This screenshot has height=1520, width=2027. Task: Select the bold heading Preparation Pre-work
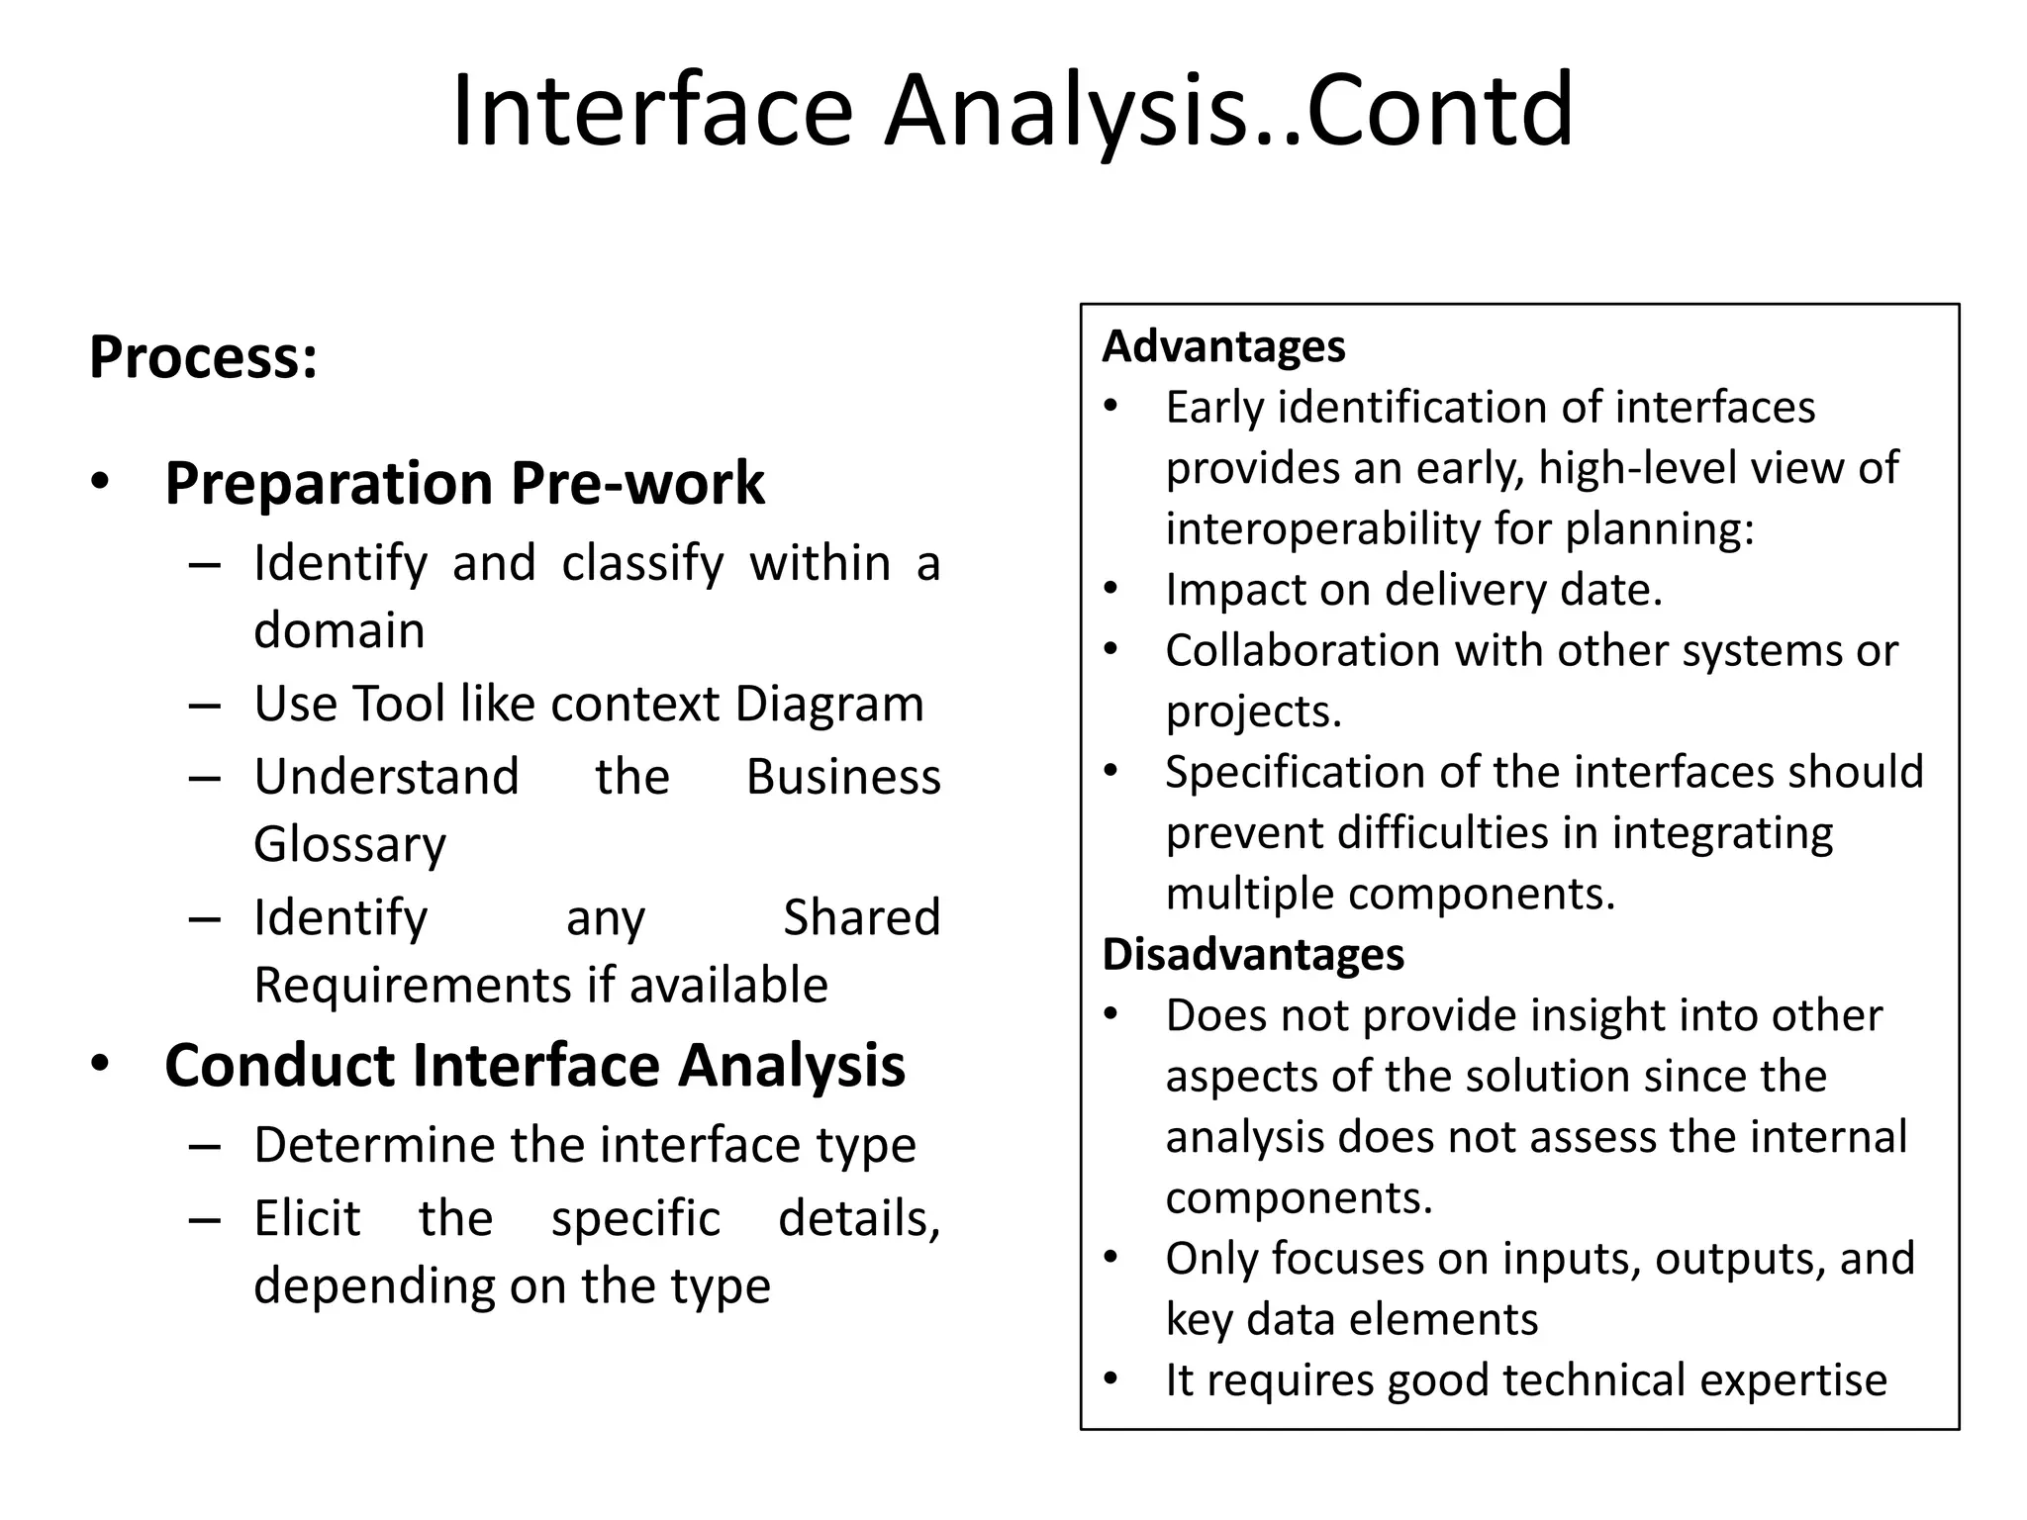coord(464,483)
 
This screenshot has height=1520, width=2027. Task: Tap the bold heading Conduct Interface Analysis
coord(534,1065)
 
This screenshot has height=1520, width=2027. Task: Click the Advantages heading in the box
coord(1223,346)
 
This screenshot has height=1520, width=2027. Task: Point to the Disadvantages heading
coord(1253,954)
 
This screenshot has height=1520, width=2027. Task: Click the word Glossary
coord(349,844)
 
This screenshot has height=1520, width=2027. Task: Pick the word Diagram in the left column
coord(829,704)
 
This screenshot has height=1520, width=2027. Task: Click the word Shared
coord(861,917)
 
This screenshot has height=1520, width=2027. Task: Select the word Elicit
coord(307,1218)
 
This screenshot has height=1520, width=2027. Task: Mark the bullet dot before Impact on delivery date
coord(1110,589)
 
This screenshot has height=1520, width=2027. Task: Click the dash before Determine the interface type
coord(204,1146)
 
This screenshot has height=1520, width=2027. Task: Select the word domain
coord(338,630)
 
